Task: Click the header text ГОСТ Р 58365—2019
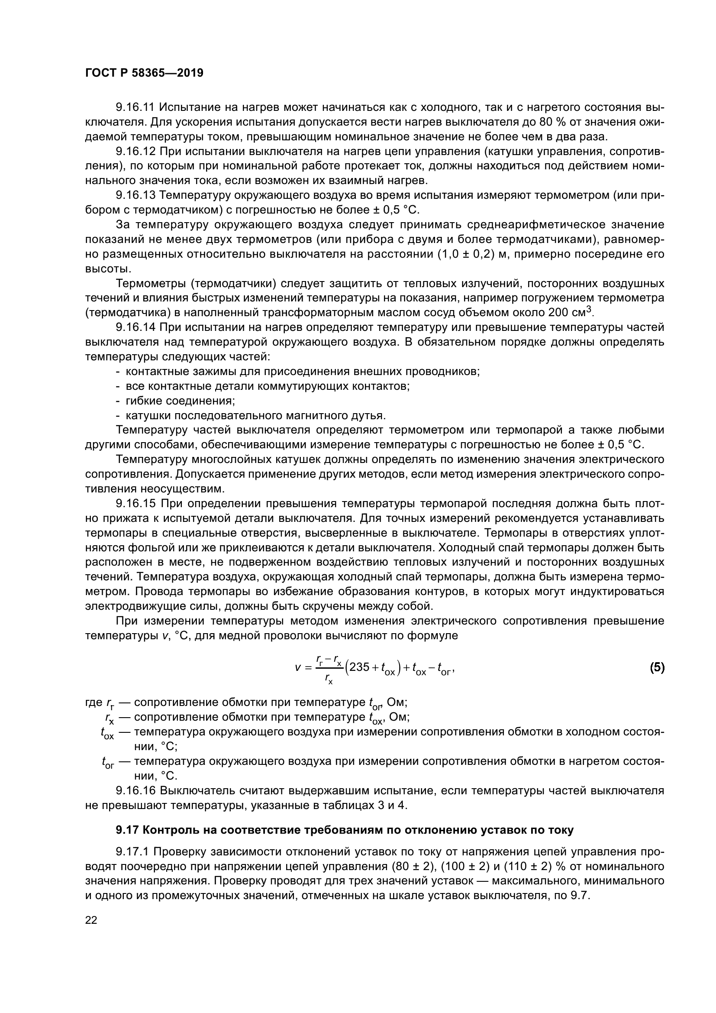144,73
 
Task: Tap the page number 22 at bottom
91,920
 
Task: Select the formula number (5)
656,667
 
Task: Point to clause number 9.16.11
135,107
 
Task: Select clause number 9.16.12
135,151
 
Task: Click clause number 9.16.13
135,195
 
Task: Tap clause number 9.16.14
135,327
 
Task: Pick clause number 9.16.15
135,503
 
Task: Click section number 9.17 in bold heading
127,830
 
